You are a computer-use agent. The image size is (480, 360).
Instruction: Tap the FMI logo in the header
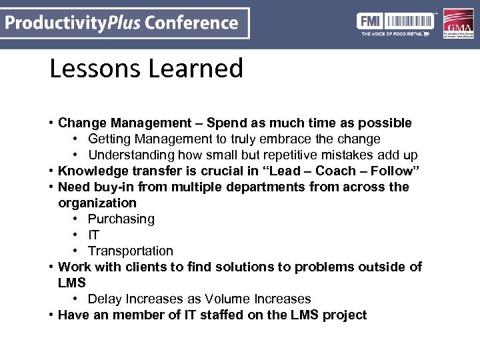click(x=369, y=21)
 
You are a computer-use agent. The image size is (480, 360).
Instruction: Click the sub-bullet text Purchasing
click(x=121, y=219)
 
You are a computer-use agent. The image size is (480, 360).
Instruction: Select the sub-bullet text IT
click(x=93, y=235)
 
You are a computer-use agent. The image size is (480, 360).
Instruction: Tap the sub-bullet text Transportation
click(x=130, y=251)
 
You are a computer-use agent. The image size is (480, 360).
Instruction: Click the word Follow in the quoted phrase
click(x=391, y=171)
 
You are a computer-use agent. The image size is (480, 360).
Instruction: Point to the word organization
click(x=97, y=203)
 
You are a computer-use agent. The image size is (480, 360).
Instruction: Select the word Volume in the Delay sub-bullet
click(x=226, y=299)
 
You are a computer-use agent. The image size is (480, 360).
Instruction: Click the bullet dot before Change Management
click(x=51, y=123)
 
